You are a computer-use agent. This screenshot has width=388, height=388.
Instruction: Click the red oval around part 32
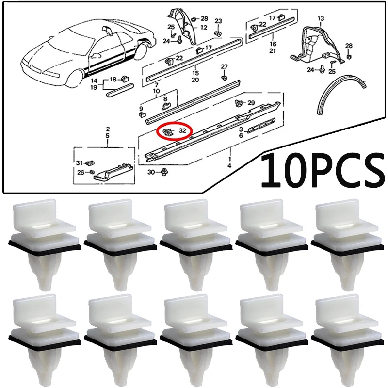click(174, 131)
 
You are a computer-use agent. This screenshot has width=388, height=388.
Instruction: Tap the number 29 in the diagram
click(251, 103)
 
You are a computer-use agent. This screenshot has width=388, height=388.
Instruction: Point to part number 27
click(224, 66)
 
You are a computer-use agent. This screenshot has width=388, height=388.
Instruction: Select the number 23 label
click(218, 21)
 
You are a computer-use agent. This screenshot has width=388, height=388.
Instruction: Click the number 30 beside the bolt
click(151, 172)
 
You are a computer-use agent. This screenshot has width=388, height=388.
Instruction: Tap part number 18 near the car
click(113, 79)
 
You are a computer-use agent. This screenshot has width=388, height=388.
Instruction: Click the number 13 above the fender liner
click(320, 18)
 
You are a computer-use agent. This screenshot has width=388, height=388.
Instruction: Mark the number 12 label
click(203, 27)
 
